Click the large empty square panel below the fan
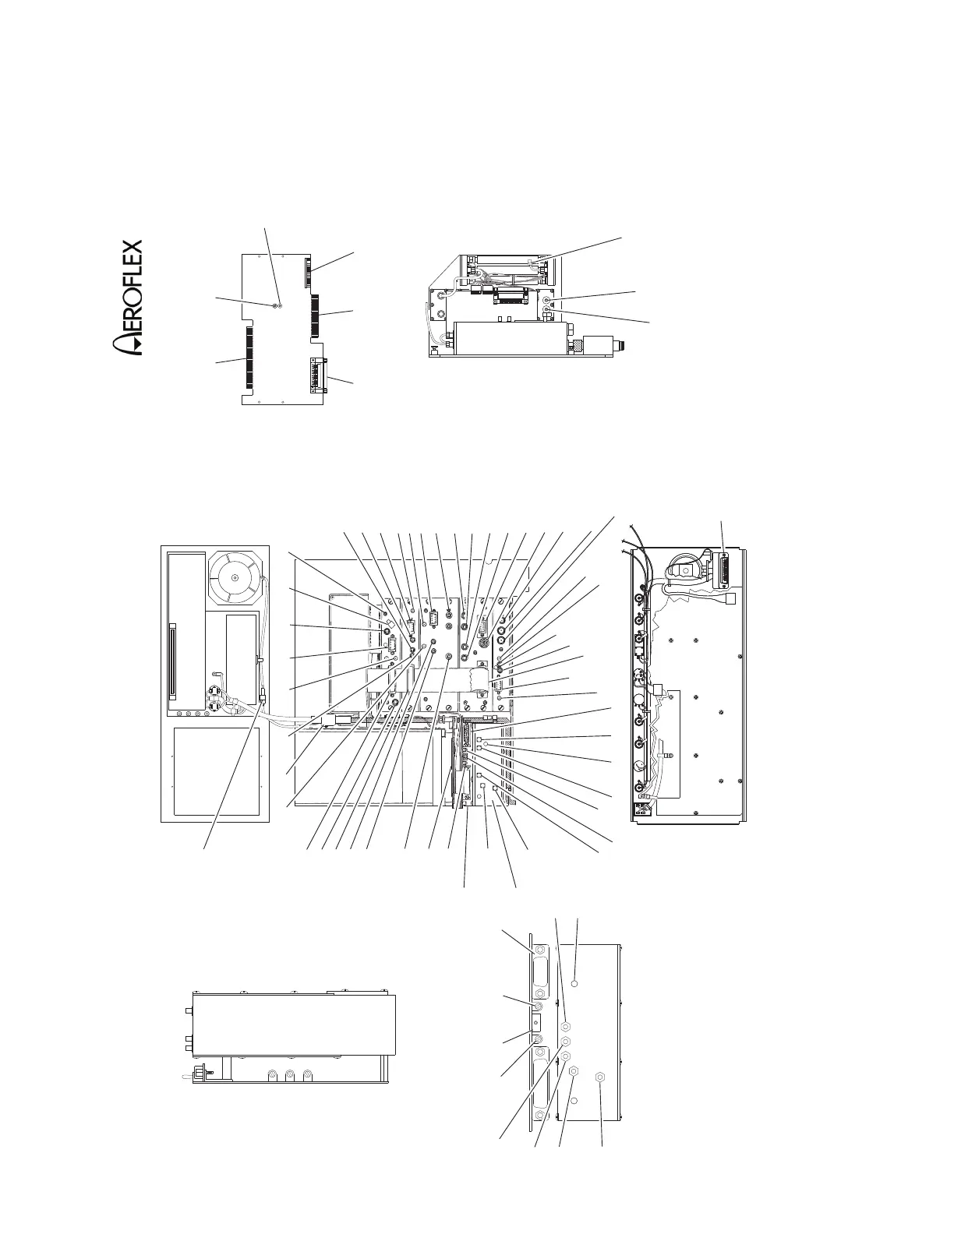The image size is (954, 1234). (x=216, y=770)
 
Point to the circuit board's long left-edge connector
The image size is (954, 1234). (x=249, y=358)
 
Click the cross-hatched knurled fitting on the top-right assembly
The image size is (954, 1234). (x=578, y=344)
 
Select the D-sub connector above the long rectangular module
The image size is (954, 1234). (x=511, y=297)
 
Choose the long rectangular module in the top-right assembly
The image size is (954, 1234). (x=507, y=338)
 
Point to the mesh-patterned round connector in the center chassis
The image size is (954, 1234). (x=482, y=644)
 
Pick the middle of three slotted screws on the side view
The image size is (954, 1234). (x=289, y=1075)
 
